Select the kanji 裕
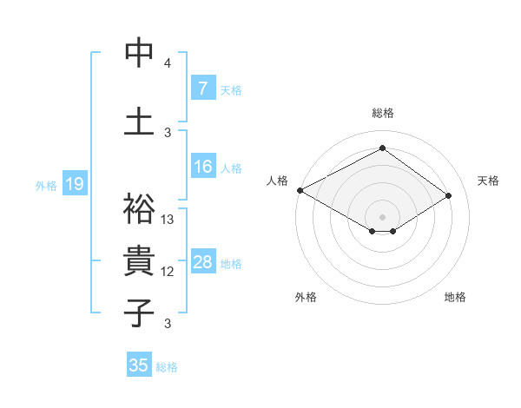click(139, 208)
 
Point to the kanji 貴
click(139, 261)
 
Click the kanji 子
click(139, 313)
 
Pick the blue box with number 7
click(202, 88)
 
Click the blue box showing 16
click(202, 167)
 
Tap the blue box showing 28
click(202, 262)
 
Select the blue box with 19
click(74, 184)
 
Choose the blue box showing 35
click(139, 365)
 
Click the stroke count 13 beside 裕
click(168, 219)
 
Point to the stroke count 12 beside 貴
click(168, 272)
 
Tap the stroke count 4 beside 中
click(168, 63)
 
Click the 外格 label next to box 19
click(46, 185)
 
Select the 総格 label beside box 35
click(167, 367)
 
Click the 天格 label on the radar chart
click(488, 181)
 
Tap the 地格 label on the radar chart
click(455, 297)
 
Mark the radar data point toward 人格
click(300, 190)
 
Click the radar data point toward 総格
click(382, 148)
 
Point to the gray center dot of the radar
click(382, 216)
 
